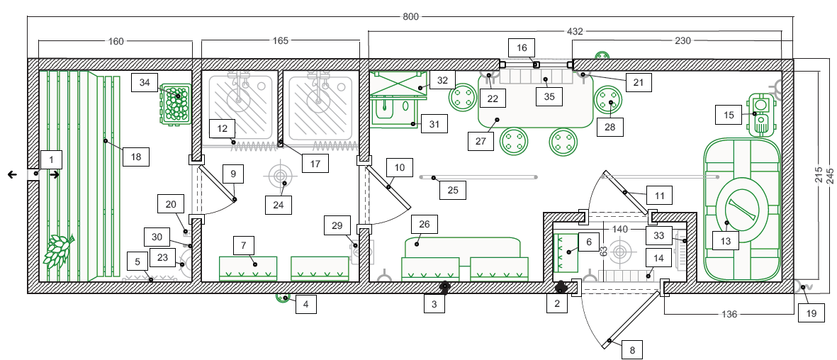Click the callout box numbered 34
click(x=145, y=84)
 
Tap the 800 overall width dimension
click(x=410, y=16)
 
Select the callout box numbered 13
click(x=726, y=241)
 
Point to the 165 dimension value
click(x=280, y=40)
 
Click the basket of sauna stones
click(x=176, y=104)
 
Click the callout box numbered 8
click(x=632, y=350)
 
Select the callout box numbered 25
click(x=453, y=190)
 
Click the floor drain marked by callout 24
click(x=279, y=176)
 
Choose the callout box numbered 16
click(x=522, y=47)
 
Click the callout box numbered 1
click(x=52, y=159)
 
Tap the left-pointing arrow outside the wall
click(x=12, y=174)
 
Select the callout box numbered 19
click(x=811, y=313)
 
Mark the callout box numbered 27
click(x=480, y=142)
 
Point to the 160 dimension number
click(x=116, y=40)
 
